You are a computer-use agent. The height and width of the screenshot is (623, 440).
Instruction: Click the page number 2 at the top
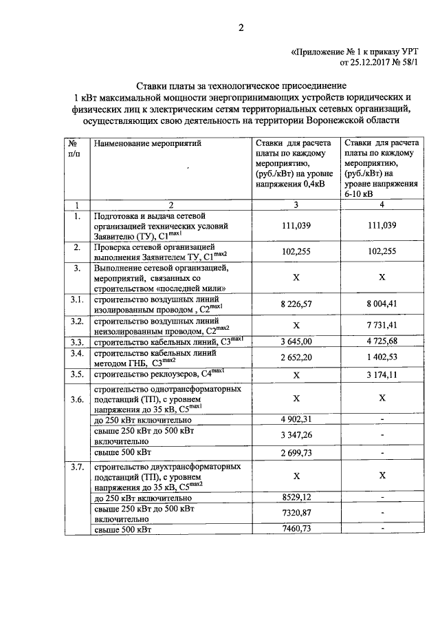241,28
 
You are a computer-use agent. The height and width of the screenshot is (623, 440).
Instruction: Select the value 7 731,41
382,324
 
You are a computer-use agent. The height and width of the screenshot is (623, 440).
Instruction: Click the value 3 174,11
382,375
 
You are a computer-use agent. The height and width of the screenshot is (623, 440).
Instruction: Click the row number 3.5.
77,374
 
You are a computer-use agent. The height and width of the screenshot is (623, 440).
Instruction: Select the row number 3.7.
77,467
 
